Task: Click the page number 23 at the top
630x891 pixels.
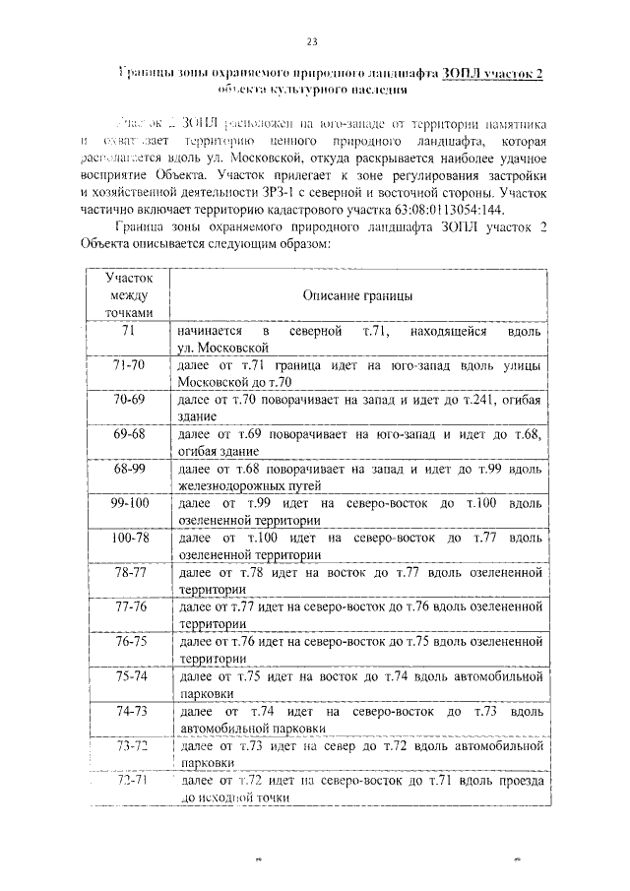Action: point(312,40)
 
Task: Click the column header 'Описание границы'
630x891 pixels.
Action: point(357,295)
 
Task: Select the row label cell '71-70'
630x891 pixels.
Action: point(128,365)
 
